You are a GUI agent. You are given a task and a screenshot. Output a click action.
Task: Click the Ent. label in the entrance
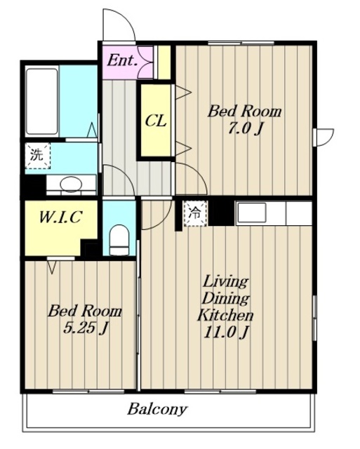click(121, 61)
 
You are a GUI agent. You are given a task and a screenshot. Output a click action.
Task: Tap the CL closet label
click(156, 121)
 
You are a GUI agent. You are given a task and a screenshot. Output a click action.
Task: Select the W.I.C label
click(61, 217)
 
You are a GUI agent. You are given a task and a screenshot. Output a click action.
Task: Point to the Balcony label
click(157, 410)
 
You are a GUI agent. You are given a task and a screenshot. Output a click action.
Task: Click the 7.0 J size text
click(246, 128)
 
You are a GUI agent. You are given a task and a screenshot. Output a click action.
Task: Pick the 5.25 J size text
click(85, 328)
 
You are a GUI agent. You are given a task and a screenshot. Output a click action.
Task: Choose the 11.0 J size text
click(225, 333)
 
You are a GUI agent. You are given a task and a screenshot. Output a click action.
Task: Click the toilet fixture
click(119, 240)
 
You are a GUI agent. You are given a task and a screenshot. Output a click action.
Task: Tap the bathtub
click(42, 101)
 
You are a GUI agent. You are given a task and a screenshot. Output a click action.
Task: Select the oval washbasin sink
click(71, 184)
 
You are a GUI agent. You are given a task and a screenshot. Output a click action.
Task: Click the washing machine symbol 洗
click(37, 156)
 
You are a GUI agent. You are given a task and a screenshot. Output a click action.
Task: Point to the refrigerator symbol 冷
click(195, 213)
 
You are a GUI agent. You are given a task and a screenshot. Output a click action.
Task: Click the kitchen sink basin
click(252, 213)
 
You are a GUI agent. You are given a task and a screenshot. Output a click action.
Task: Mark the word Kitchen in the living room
click(225, 315)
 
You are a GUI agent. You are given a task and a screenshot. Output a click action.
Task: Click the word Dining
click(225, 298)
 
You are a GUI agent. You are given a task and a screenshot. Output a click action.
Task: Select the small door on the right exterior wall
click(324, 138)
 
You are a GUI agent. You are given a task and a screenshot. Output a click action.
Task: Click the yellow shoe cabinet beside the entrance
click(164, 62)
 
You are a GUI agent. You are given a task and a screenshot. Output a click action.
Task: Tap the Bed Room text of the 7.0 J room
click(244, 111)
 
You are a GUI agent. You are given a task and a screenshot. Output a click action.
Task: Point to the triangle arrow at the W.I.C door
click(52, 267)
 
